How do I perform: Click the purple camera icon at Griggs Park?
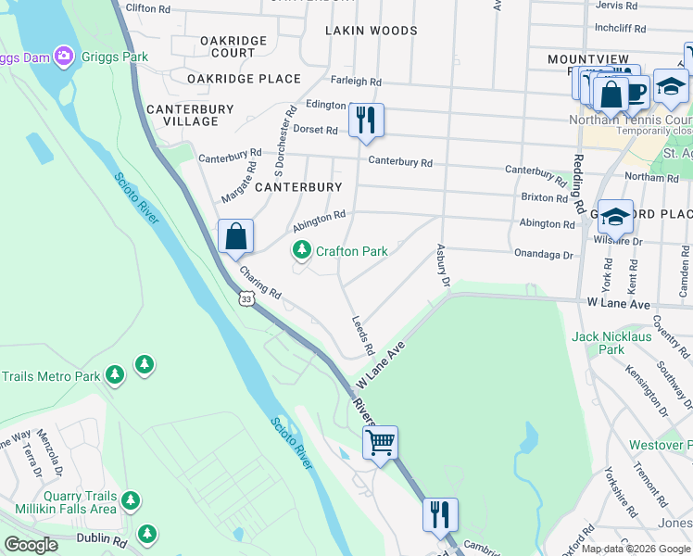click(x=63, y=57)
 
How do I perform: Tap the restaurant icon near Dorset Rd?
click(x=367, y=120)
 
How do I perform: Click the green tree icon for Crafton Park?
click(x=301, y=250)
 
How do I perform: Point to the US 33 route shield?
click(x=246, y=298)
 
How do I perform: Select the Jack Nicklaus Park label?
click(x=611, y=343)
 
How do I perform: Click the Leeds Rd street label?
click(x=362, y=335)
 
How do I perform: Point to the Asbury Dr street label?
click(x=442, y=266)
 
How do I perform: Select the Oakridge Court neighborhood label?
click(x=233, y=46)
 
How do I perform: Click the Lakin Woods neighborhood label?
click(x=371, y=31)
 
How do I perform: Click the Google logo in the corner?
click(x=31, y=545)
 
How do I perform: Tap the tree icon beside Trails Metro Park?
click(x=114, y=375)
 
